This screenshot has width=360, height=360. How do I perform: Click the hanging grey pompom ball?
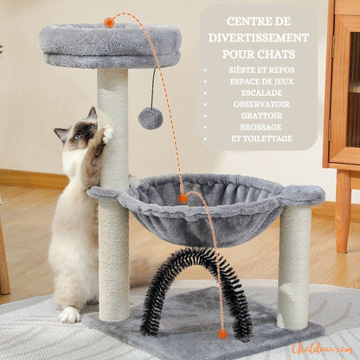151,119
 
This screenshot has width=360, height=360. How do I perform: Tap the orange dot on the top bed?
109,22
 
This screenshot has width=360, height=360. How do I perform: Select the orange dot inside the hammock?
183,198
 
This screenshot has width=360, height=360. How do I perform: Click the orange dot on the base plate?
222,334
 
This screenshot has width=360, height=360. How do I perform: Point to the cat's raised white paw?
108,134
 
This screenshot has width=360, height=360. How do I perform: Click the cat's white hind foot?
69,315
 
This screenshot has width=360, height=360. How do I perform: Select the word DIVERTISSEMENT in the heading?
259,38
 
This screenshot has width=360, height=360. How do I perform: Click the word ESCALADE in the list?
261,93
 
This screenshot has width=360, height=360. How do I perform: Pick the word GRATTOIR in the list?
261,116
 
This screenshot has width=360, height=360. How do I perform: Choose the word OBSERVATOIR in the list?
261,104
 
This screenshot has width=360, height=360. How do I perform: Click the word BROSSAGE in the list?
260,127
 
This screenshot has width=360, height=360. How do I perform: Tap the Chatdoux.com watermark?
323,348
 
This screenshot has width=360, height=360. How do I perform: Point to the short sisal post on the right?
294,267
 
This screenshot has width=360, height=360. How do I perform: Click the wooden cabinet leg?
343,211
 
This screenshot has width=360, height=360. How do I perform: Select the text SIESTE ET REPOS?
261,70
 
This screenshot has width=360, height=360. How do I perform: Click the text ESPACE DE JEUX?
261,81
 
